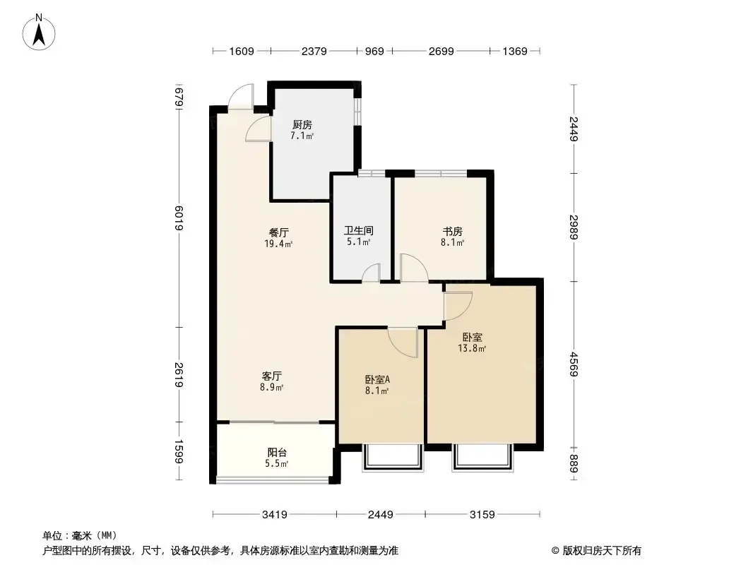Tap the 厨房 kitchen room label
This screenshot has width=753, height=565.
coord(302,125)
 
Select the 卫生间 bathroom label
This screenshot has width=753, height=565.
coord(359,231)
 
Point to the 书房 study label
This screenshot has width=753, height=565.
coord(452,232)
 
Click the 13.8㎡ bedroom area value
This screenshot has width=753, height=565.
coord(472,348)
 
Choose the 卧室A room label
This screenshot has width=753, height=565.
coord(377,379)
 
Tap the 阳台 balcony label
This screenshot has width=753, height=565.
coord(277,452)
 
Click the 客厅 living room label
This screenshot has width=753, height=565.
coord(272,376)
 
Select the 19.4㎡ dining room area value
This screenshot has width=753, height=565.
coord(278,244)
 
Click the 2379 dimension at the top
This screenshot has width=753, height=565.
coord(314,51)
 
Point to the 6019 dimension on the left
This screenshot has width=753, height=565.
coord(179,218)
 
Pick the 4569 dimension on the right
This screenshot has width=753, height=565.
coord(574,364)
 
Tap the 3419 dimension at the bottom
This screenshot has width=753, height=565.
coord(275,515)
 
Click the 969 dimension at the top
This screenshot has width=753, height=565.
coord(374,51)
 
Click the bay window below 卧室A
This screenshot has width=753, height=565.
coord(393,459)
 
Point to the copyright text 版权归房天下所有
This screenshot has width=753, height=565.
coord(602,551)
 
